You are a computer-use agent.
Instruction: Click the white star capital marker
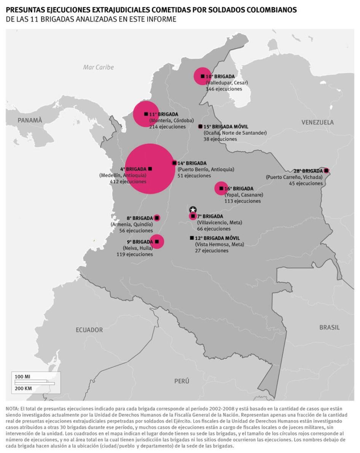click(193, 210)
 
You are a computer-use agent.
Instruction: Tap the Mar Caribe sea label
click(98, 67)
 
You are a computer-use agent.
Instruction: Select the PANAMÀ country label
click(29, 120)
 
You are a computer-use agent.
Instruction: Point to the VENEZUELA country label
click(317, 122)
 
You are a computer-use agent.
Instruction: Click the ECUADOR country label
click(89, 330)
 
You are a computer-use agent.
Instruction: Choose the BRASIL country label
click(330, 327)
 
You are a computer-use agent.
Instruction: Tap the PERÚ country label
click(182, 381)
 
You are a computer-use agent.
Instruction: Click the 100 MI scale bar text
click(22, 377)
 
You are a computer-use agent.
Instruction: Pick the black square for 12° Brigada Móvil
click(192, 238)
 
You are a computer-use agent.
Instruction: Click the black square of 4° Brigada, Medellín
click(150, 168)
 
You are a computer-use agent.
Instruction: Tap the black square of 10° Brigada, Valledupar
click(202, 76)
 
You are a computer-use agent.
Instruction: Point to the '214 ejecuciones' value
click(167, 127)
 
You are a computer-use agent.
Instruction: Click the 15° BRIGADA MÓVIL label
click(226, 126)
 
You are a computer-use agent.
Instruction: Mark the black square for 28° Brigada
click(326, 170)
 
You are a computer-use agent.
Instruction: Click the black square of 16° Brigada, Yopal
click(221, 188)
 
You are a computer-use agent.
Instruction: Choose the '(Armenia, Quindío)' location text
click(132, 224)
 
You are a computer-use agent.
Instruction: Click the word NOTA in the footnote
click(12, 408)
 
